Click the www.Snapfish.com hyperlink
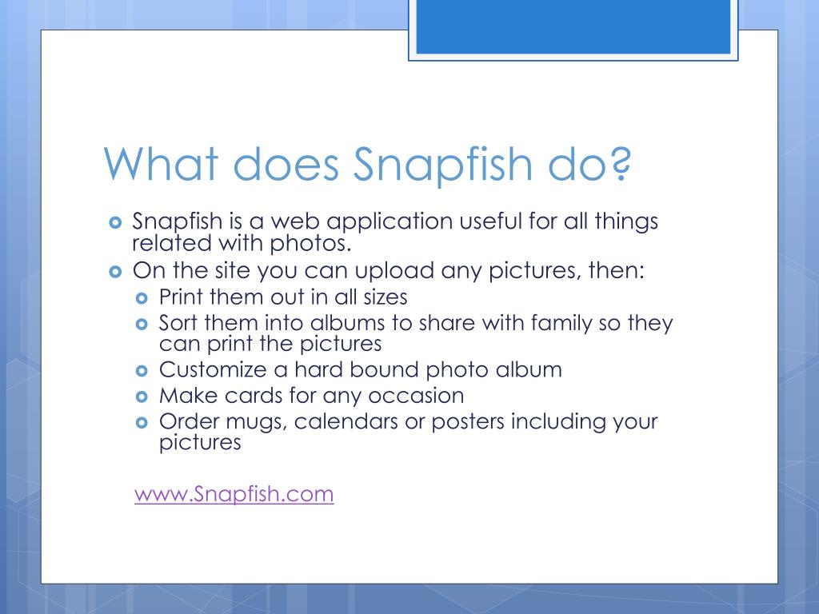pyautogui.click(x=234, y=494)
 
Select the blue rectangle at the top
pyautogui.click(x=573, y=27)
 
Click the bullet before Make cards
pyautogui.click(x=143, y=397)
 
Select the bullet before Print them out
pyautogui.click(x=143, y=297)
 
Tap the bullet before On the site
pyautogui.click(x=115, y=271)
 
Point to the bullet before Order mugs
pyautogui.click(x=143, y=422)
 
